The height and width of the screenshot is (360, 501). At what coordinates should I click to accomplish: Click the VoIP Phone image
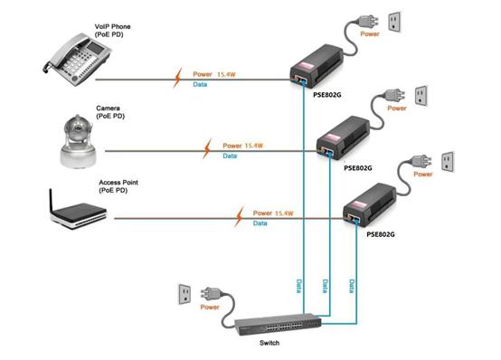[x=78, y=60]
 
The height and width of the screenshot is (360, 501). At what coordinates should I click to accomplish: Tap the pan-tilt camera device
[x=78, y=141]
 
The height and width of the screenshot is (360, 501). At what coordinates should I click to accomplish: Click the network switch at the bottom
[x=278, y=325]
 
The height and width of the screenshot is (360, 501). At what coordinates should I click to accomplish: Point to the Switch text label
[x=269, y=343]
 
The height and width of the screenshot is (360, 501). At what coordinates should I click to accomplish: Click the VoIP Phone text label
[x=113, y=26]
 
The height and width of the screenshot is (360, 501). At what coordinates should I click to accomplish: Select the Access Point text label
[x=118, y=183]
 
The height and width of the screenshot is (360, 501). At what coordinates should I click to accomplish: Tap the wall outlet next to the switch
[x=184, y=294]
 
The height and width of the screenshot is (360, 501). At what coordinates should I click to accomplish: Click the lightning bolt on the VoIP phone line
[x=177, y=78]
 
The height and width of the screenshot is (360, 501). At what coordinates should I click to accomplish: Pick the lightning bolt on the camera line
[x=207, y=148]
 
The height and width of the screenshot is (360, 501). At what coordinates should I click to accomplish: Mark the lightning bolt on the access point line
[x=239, y=217]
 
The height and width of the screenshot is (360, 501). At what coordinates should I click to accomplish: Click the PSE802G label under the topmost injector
[x=326, y=95]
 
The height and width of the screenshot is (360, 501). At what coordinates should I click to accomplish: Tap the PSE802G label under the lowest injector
[x=381, y=234]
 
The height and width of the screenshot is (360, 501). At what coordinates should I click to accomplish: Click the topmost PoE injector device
[x=317, y=66]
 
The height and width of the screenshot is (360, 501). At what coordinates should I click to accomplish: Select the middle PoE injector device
[x=343, y=137]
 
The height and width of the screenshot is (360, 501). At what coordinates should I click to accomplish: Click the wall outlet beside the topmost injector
[x=394, y=22]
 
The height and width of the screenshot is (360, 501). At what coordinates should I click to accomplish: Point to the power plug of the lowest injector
[x=421, y=161]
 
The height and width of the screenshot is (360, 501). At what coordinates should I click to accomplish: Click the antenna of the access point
[x=51, y=201]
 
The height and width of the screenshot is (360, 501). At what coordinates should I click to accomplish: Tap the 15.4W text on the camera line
[x=253, y=146]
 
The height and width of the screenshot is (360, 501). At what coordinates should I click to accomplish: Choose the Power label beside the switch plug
[x=210, y=307]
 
